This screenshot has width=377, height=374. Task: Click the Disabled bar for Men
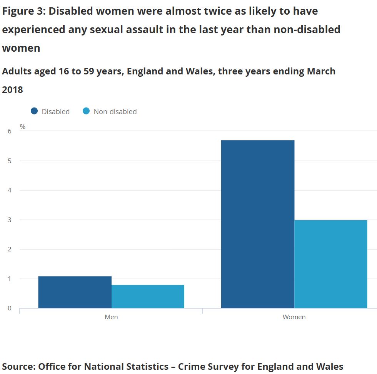(x=75, y=292)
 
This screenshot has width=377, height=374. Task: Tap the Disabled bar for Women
(x=258, y=224)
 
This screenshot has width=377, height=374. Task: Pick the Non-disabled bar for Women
(x=331, y=264)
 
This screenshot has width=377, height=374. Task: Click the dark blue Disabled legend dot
(x=34, y=111)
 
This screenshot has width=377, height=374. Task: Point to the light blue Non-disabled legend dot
(x=86, y=111)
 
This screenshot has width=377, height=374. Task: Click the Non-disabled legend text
(x=115, y=111)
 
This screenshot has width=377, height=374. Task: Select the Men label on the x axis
(x=111, y=317)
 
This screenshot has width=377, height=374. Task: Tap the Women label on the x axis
(x=294, y=317)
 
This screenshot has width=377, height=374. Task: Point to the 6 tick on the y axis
(x=10, y=131)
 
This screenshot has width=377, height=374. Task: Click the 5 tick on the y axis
(x=10, y=161)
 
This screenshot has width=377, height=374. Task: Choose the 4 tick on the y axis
(x=10, y=190)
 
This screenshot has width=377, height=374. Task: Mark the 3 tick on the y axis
(x=10, y=220)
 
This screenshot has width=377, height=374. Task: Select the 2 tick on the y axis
(x=10, y=249)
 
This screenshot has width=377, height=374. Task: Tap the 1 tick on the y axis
(x=10, y=279)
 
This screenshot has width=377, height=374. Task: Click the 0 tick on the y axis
(x=10, y=308)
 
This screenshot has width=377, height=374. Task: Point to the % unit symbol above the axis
(x=23, y=126)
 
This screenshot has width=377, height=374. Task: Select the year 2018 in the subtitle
(x=12, y=89)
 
